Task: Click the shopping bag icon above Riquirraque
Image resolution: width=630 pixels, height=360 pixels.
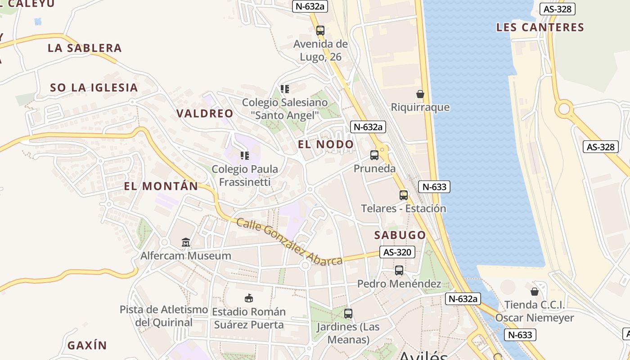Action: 420,94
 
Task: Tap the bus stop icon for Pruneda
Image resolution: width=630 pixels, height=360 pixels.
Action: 374,155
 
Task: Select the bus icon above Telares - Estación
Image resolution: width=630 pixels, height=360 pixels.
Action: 404,195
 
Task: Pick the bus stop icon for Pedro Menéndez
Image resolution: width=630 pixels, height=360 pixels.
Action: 399,270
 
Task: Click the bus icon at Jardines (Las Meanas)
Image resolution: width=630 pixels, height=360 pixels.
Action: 348,314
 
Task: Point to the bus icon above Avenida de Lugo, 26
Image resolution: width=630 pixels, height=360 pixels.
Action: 320,31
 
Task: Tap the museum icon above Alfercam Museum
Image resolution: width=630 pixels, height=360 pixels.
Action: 186,243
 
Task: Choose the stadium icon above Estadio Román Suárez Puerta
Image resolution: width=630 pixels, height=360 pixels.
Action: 248,298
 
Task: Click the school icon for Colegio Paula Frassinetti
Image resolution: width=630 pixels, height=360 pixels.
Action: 245,156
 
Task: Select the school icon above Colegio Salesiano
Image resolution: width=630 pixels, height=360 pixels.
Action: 285,89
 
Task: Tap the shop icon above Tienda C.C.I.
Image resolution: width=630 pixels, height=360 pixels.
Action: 535,292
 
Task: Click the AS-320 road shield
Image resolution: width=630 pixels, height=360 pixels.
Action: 397,252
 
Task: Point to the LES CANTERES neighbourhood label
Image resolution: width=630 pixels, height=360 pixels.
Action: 540,27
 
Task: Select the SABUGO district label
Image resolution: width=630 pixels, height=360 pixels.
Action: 400,235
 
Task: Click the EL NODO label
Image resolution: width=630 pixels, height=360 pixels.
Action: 326,144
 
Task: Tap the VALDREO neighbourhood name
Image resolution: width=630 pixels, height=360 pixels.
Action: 205,113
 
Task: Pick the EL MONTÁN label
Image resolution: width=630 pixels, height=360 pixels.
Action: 161,186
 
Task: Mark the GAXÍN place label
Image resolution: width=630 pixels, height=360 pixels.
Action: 87,346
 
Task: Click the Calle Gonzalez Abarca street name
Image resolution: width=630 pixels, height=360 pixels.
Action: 289,242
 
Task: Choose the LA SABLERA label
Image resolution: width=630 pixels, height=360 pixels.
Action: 85,48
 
